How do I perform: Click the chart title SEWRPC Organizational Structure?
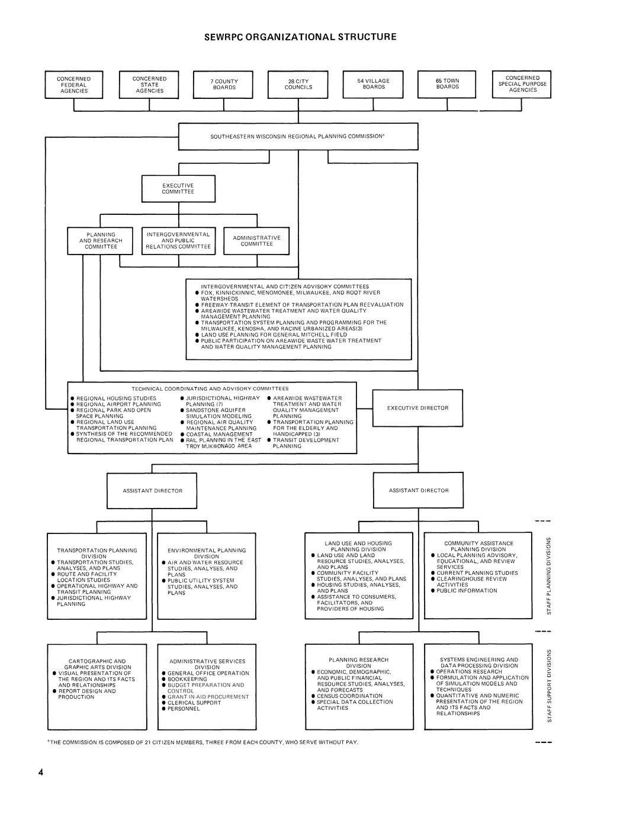coord(300,37)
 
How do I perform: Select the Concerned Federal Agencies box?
coord(74,85)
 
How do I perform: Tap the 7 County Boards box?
coord(224,84)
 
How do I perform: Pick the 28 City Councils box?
coord(298,84)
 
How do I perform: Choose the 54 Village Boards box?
coord(373,84)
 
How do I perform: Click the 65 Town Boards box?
coord(447,84)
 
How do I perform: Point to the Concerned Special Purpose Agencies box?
coord(522,83)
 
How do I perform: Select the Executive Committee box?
coord(178,188)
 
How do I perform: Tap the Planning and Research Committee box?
coord(101,240)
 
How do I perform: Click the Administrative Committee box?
coord(256,240)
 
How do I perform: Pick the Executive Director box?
coord(417,408)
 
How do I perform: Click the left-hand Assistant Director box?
coord(152,491)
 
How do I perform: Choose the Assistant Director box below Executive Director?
coord(418,491)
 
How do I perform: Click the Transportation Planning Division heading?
coord(97,553)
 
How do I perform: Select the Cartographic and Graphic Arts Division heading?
coord(97,664)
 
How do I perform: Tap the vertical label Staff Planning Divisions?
coord(549,575)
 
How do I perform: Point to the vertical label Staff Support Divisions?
coord(549,686)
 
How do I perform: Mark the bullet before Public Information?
coord(433,591)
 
